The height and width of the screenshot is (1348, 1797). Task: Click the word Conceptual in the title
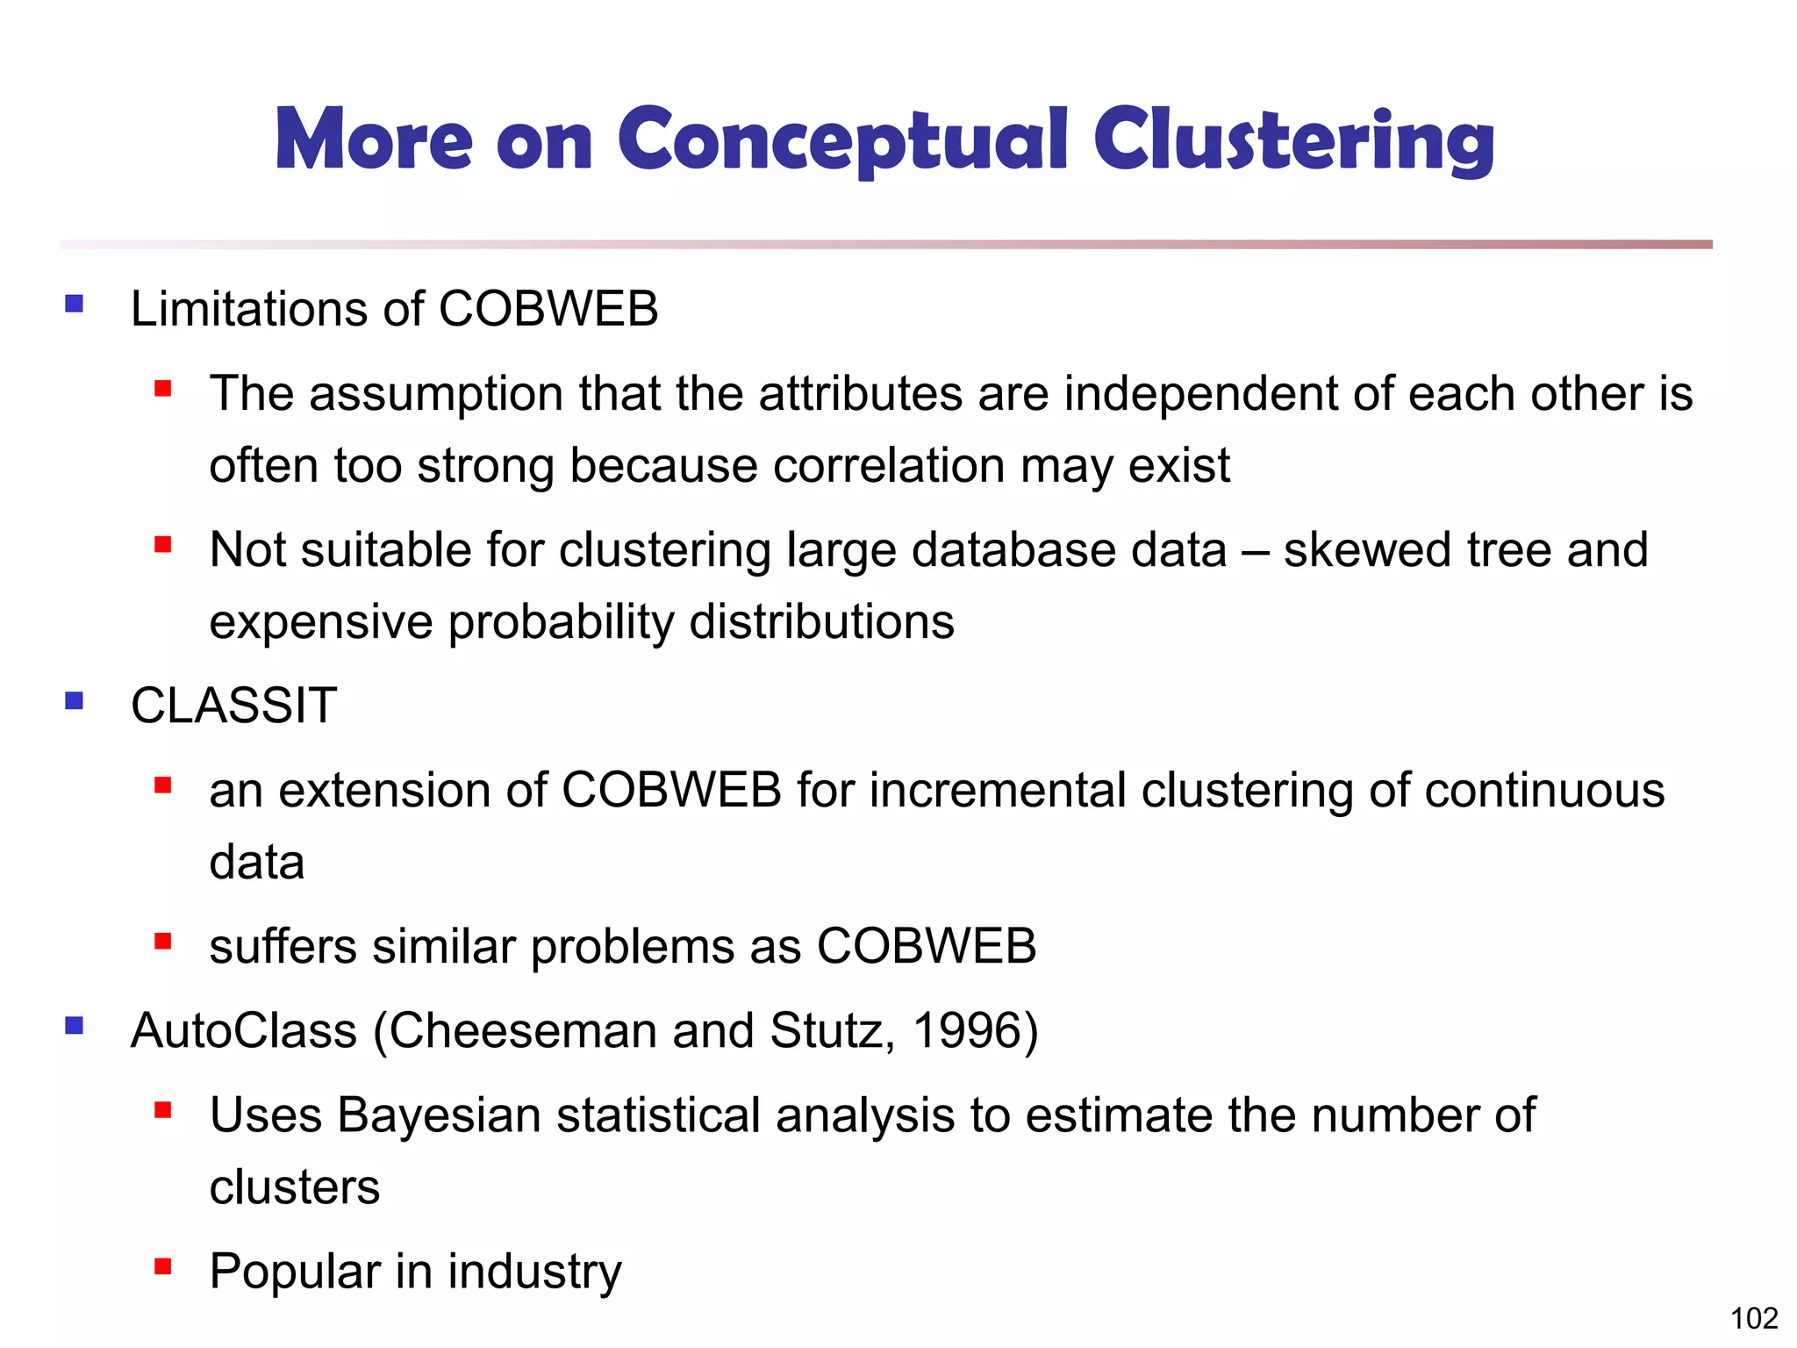842,140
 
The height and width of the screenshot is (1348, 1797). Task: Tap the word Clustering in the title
1293,140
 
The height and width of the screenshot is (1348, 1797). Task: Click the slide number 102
1753,1318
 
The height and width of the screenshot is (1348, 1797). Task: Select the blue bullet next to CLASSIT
75,700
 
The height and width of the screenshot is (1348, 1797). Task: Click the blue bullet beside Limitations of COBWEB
75,304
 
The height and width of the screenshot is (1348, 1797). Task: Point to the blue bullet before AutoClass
75,1025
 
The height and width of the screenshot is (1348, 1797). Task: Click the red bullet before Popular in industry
162,1266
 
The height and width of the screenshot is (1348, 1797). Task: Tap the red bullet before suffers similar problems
162,942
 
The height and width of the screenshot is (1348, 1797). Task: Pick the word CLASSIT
233,706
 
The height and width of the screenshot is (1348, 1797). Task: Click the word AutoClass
243,1030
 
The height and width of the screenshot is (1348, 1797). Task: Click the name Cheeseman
523,1030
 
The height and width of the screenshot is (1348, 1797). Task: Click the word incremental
998,790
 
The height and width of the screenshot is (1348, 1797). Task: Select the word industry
534,1272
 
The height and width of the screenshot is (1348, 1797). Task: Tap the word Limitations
248,309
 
